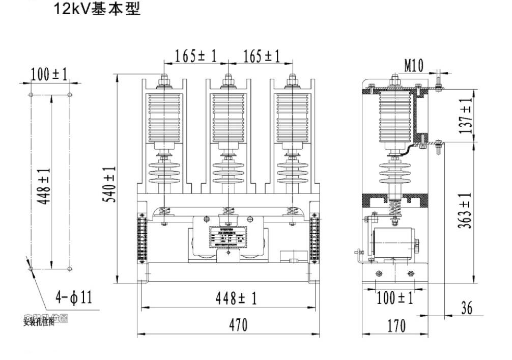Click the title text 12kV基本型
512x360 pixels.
[x=96, y=9]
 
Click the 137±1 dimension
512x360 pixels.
[x=466, y=116]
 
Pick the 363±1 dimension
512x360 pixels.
[x=466, y=211]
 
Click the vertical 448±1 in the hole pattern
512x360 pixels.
[x=44, y=185]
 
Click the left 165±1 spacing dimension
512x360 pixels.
[x=195, y=56]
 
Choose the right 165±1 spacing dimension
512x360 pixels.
[x=261, y=56]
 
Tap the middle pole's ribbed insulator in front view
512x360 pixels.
[x=227, y=117]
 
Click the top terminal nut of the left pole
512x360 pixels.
[x=163, y=80]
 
